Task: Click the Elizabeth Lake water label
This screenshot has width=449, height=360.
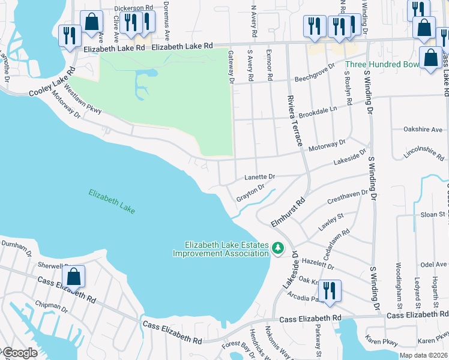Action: click(112, 202)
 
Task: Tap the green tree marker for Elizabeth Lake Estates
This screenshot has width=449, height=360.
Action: click(277, 248)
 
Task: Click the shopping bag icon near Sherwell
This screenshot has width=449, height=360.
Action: click(74, 277)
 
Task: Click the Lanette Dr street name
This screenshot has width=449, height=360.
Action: click(259, 177)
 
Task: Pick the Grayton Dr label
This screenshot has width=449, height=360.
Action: click(250, 193)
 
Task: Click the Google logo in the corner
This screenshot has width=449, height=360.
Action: click(20, 353)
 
